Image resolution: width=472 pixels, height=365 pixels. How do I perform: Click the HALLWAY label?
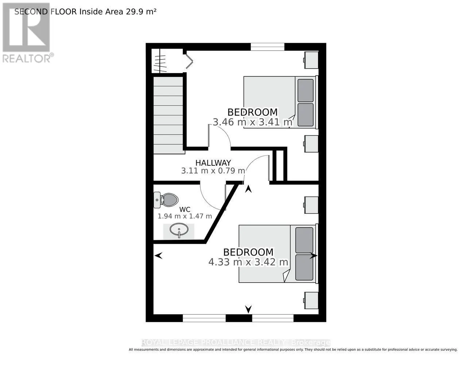coord(213,163)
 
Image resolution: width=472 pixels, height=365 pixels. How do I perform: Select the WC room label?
coord(185,210)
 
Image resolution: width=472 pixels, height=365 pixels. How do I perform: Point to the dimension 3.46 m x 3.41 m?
coord(252,122)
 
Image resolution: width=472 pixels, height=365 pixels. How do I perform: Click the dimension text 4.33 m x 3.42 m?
coord(248,262)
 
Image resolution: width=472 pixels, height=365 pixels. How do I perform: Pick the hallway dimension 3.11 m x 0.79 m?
coord(213,171)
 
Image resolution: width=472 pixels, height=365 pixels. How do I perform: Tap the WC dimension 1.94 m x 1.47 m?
coord(185,216)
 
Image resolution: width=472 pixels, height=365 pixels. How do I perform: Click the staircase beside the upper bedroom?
coord(169,115)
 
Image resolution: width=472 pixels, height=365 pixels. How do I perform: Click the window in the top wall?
coord(268,47)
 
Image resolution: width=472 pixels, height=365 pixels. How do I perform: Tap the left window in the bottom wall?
coord(204,318)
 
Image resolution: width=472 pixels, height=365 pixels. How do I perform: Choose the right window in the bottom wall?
coord(273,318)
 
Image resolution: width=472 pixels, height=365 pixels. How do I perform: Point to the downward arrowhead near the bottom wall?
coord(248,309)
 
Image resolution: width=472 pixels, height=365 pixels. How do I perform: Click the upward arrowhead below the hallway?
coord(248,189)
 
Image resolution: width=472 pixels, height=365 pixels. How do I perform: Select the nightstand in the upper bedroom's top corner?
coord(311,60)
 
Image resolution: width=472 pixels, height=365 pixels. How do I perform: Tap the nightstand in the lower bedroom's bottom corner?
coord(311,300)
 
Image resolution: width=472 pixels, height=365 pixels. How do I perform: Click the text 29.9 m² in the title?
coord(141,12)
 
